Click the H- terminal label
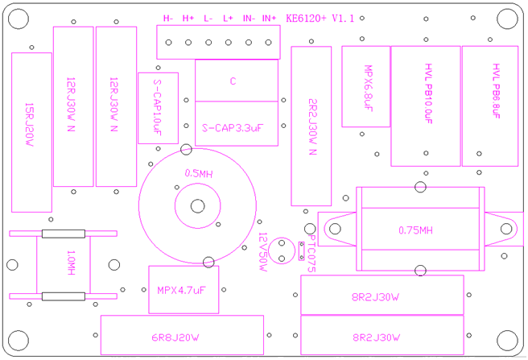pos(168,18)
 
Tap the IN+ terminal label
pos(269,18)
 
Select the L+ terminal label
pos(228,18)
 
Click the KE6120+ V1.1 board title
pos(320,17)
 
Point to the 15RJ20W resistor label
pos(30,124)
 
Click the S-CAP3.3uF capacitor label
pos(234,126)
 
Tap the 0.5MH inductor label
pos(198,173)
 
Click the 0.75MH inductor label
pos(415,230)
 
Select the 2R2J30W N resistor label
pos(312,126)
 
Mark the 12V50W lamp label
pos(262,250)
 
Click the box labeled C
pos(233,81)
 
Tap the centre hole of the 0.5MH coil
pos(197,205)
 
